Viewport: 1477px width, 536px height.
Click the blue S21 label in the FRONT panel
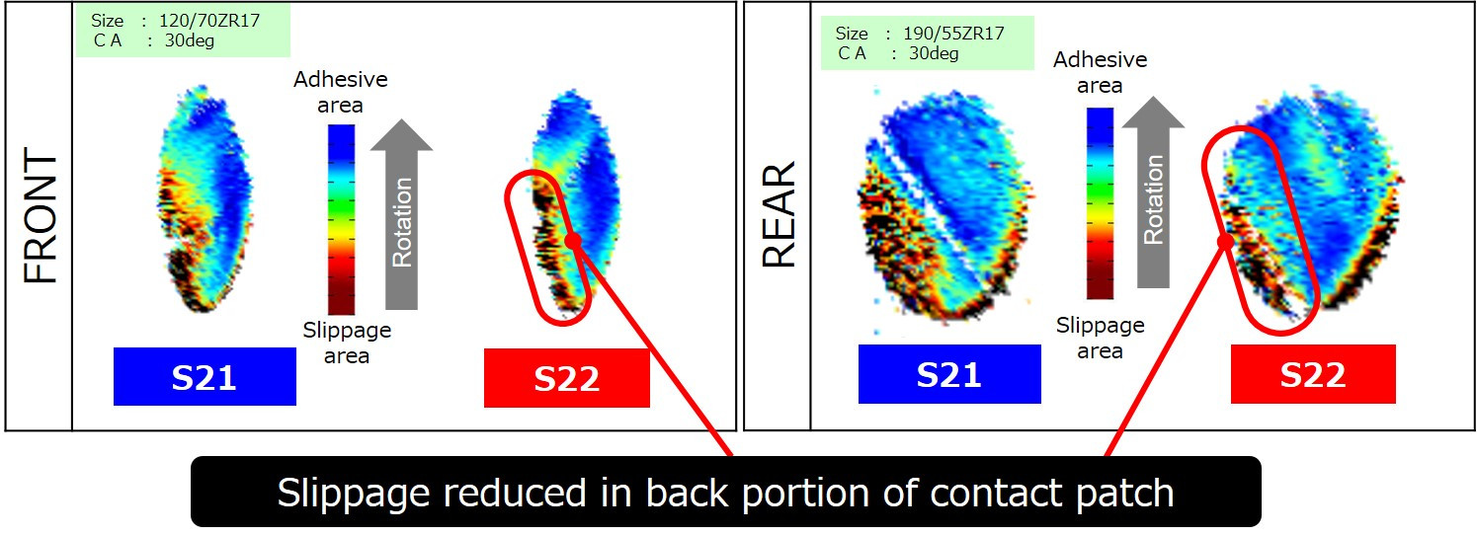click(x=205, y=376)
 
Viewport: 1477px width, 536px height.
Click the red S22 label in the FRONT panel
click(x=566, y=378)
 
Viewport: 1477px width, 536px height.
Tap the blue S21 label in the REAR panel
click(x=949, y=374)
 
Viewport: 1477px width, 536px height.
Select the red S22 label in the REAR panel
click(x=1313, y=374)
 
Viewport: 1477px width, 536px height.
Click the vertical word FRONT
click(x=41, y=215)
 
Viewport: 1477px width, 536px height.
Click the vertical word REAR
click(x=779, y=214)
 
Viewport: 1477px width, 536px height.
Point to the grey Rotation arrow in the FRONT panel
click(x=401, y=214)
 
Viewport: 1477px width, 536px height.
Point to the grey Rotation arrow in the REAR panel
click(x=1153, y=191)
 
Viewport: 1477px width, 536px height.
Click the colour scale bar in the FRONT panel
click(x=342, y=220)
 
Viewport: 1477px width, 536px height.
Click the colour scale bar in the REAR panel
click(x=1100, y=203)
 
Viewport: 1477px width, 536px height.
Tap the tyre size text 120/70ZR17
click(x=209, y=21)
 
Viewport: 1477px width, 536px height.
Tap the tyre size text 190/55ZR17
click(x=953, y=33)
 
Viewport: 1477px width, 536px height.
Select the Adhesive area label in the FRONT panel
click(x=340, y=92)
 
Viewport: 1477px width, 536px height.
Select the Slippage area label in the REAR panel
click(x=1100, y=338)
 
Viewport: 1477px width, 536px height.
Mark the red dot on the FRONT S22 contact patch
click(x=573, y=240)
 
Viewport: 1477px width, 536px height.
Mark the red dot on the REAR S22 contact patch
click(x=1225, y=242)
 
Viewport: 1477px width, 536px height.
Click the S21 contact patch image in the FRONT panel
click(x=205, y=198)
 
